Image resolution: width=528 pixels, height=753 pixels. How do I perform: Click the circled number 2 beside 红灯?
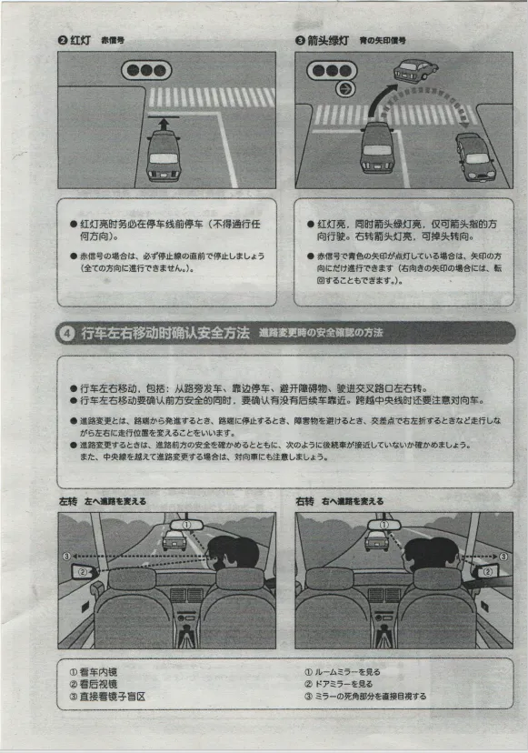pos(63,41)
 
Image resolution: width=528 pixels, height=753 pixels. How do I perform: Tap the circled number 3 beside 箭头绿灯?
pos(300,41)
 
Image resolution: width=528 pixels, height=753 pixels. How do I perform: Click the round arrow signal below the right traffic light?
pos(344,89)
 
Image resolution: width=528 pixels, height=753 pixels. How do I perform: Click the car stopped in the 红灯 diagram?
pos(164,156)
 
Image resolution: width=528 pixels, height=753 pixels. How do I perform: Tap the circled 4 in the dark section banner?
pos(68,334)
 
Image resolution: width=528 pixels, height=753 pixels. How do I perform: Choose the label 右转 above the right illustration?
pos(304,501)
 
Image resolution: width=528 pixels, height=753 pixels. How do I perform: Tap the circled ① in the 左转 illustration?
pos(186,525)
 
